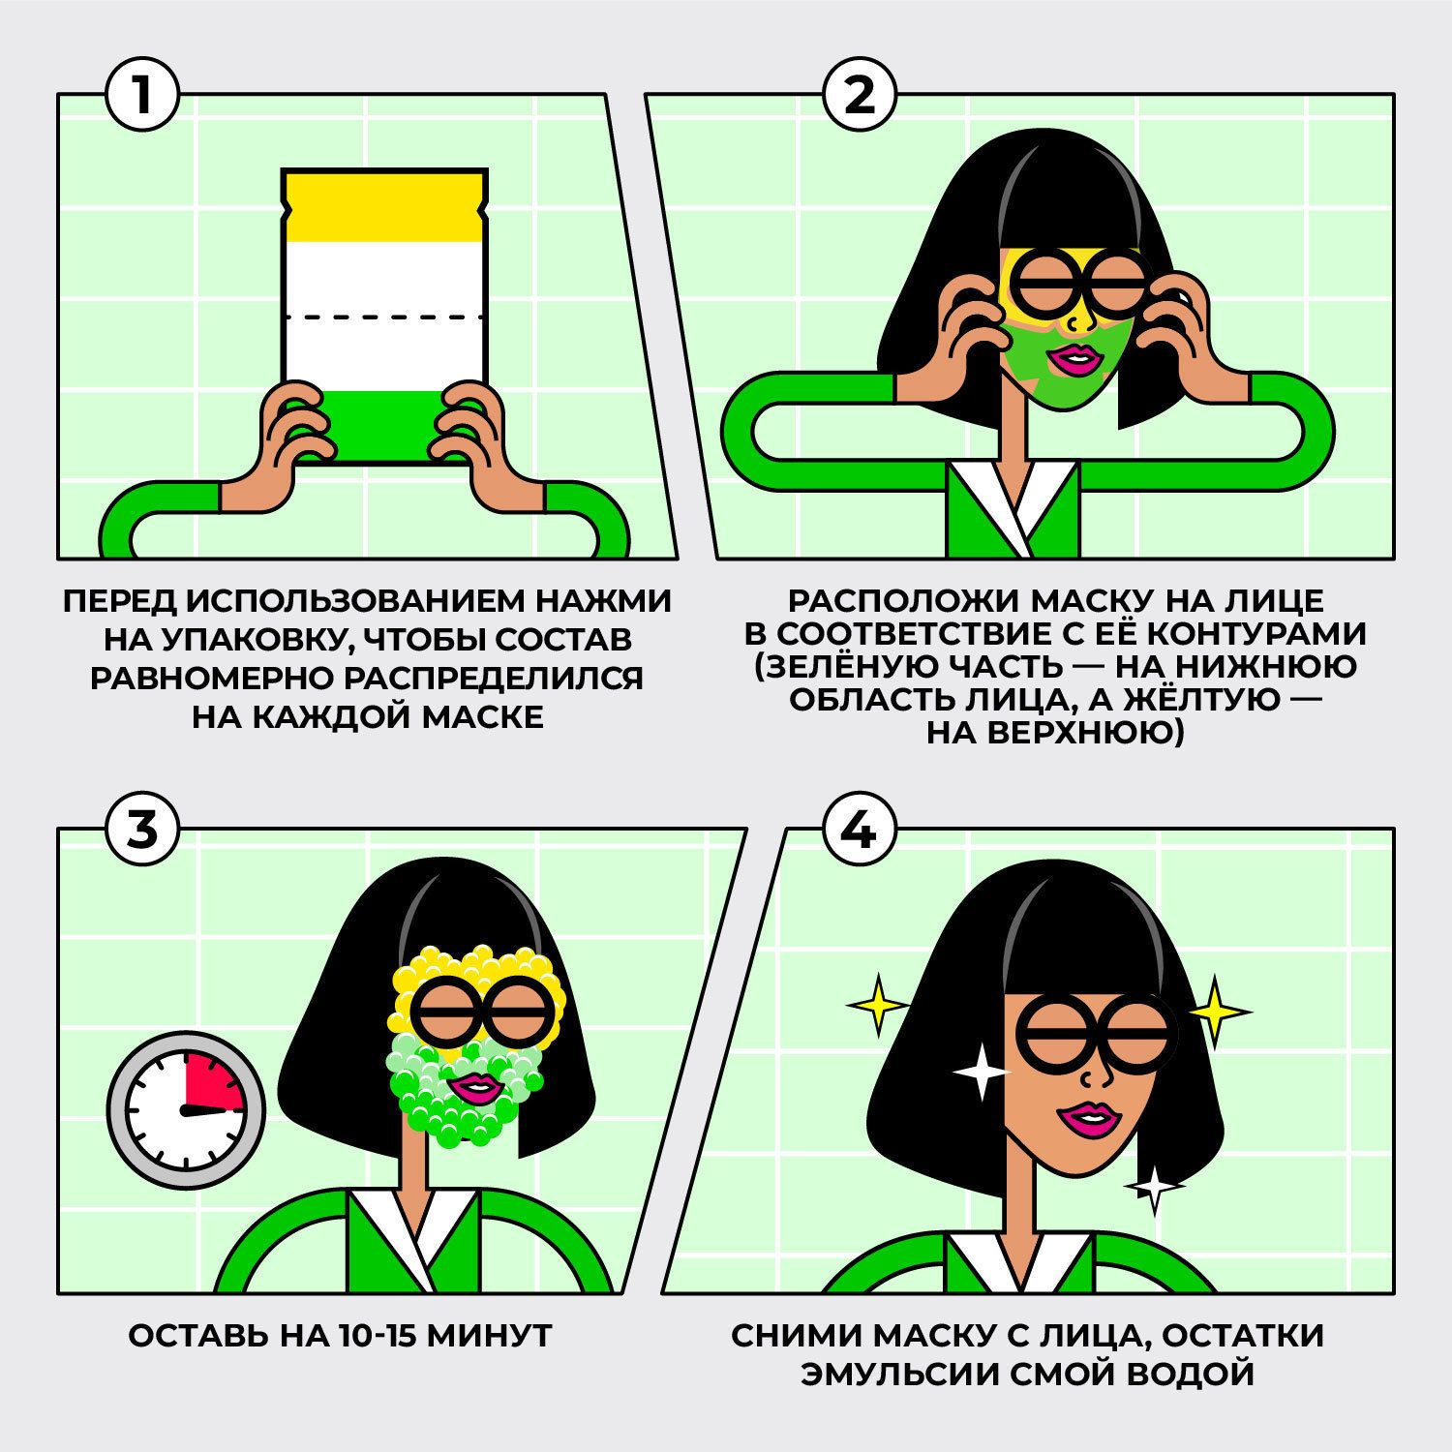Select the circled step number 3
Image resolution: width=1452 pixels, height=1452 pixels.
tap(142, 830)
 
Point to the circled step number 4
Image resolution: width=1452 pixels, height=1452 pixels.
tap(860, 830)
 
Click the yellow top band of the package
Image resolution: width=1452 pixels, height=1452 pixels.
tap(382, 206)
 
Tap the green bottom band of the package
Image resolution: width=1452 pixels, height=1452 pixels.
tap(382, 426)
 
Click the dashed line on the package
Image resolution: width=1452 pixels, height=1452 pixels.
tap(382, 316)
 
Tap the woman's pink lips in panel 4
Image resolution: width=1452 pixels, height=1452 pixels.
tap(1084, 1119)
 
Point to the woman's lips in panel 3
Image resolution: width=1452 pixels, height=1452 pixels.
tap(475, 1086)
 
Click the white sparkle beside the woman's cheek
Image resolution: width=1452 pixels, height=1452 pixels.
tap(980, 1073)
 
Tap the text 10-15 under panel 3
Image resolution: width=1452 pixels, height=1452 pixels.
tap(364, 1337)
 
